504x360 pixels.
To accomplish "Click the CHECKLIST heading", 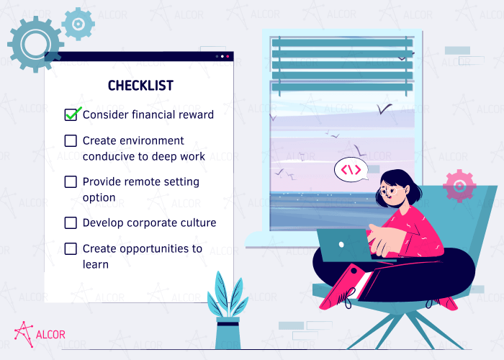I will tap(140, 86).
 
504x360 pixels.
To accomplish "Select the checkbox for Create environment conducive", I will tap(71, 141).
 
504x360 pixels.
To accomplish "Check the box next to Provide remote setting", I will tap(71, 182).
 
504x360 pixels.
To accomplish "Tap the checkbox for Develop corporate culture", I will tap(71, 223).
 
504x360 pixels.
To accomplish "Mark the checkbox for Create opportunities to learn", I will tap(71, 249).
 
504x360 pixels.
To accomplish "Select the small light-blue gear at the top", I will tap(78, 24).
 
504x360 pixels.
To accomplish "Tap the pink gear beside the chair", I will tap(459, 186).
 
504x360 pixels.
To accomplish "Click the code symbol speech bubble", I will tap(351, 171).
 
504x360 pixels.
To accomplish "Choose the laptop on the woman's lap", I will tap(343, 245).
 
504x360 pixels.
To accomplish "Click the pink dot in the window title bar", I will tap(228, 56).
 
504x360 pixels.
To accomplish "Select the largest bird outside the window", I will tap(384, 108).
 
